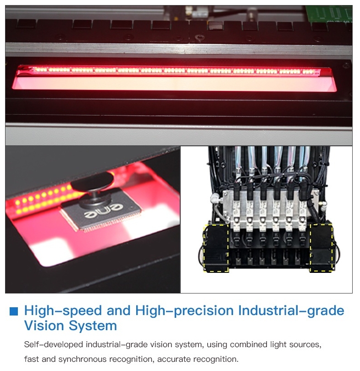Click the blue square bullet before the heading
click(x=13, y=311)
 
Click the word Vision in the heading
click(x=44, y=326)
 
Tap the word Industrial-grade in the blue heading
click(x=291, y=311)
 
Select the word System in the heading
click(x=93, y=326)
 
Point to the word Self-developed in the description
click(x=54, y=344)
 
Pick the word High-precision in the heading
click(x=184, y=311)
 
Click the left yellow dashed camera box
click(x=216, y=248)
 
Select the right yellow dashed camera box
click(x=321, y=248)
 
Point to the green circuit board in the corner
click(x=328, y=14)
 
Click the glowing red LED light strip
click(x=175, y=71)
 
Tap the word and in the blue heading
click(x=119, y=310)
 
